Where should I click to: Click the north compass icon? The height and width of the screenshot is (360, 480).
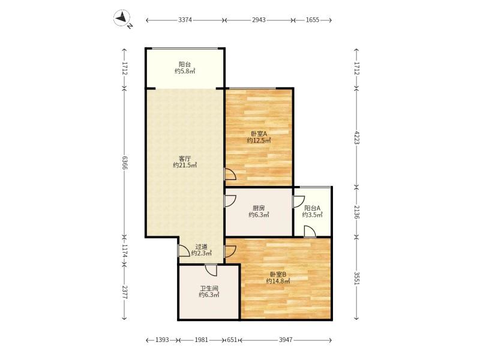coord(122,19)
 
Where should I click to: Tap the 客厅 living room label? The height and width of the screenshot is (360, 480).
coord(185,158)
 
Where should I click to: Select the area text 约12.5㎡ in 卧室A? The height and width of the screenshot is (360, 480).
coord(259,140)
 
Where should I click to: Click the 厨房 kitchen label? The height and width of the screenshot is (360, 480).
coord(259,208)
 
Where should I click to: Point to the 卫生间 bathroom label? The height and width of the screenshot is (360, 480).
coord(209,287)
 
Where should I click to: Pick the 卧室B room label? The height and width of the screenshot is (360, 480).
coord(278,274)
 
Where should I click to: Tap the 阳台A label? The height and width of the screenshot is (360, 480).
coord(312,208)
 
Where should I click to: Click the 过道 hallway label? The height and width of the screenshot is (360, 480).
coord(201,247)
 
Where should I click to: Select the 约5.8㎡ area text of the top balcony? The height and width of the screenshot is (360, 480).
coord(185,71)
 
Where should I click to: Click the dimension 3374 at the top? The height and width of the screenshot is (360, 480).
coord(185,20)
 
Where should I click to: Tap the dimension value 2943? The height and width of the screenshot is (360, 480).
coord(259,20)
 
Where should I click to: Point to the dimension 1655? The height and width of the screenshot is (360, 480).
coord(313,20)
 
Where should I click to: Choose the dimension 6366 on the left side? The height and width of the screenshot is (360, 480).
coord(125,162)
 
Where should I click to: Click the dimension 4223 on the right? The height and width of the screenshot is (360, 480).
coord(357,137)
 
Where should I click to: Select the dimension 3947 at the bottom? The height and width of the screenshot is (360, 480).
coord(286,340)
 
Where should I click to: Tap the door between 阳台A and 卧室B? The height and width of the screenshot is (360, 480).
coord(310,232)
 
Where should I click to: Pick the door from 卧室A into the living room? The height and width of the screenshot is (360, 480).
coord(230,175)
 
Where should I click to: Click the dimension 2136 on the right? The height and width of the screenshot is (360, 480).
coord(357,212)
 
